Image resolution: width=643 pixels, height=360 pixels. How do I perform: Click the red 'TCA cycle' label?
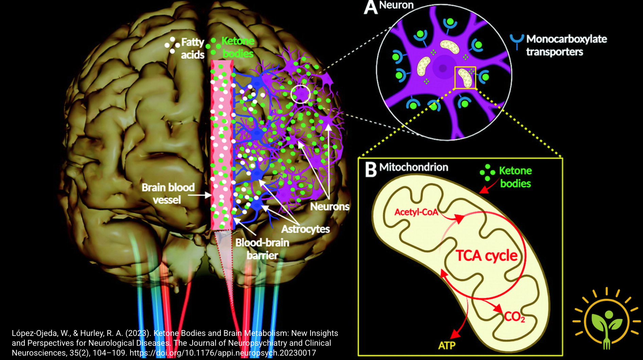tap(486, 256)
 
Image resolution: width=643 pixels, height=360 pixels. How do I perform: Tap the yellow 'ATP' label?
tap(447, 345)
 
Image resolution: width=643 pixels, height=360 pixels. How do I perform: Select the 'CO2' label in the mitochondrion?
tap(514, 317)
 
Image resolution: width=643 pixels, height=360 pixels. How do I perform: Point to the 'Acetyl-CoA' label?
tap(416, 212)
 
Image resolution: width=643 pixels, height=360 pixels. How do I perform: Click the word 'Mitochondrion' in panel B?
tap(414, 167)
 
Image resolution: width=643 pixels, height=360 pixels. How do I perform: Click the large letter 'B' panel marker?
tap(371, 169)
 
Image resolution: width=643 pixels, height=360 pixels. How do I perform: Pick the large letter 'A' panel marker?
tap(370, 7)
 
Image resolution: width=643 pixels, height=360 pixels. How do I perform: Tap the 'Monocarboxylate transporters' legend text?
tap(566, 45)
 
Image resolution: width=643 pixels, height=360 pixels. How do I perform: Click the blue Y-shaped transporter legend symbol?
tap(517, 41)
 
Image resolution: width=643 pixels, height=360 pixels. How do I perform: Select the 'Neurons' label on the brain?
tap(330, 206)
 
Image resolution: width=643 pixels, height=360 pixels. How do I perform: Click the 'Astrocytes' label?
tap(306, 229)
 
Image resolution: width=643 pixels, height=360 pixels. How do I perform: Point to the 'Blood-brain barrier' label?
tap(262, 249)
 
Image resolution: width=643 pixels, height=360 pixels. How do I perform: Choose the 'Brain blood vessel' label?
tap(168, 193)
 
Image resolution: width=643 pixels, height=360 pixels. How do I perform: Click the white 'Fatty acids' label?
tap(192, 48)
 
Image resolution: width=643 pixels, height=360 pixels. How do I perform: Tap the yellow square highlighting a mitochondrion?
tap(465, 78)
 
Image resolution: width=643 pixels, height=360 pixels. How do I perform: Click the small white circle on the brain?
tap(300, 94)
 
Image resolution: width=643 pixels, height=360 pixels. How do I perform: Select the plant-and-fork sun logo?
tap(607, 320)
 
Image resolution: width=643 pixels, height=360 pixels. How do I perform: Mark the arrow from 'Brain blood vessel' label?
tap(201, 195)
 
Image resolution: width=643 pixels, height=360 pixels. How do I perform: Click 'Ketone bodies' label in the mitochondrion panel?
tap(515, 177)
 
